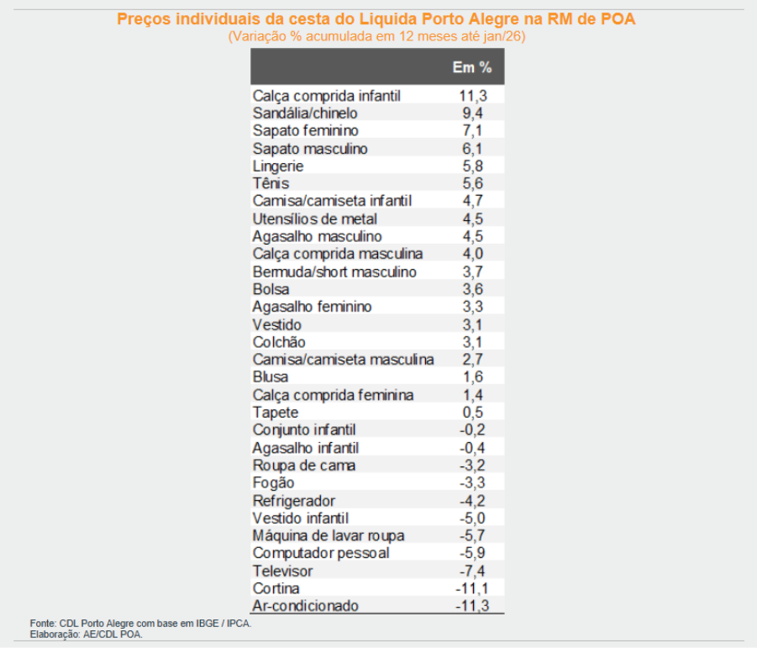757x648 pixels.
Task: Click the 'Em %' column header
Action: pyautogui.click(x=471, y=67)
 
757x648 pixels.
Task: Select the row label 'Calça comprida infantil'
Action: pyautogui.click(x=327, y=96)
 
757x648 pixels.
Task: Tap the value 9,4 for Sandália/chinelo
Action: pyautogui.click(x=471, y=113)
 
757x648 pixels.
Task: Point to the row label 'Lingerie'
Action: pyautogui.click(x=278, y=166)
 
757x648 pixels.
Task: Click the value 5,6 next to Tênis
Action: pyautogui.click(x=471, y=184)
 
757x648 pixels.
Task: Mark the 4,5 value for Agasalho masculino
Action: pyautogui.click(x=471, y=237)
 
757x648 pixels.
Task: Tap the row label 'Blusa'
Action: pyautogui.click(x=271, y=377)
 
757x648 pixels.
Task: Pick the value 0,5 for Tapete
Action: pyautogui.click(x=471, y=413)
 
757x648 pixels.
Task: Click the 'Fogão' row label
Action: pyautogui.click(x=273, y=483)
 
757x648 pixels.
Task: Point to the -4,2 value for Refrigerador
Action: pyautogui.click(x=470, y=501)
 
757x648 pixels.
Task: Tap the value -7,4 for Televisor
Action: pyautogui.click(x=470, y=572)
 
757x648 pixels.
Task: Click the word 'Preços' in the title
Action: pyautogui.click(x=142, y=19)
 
